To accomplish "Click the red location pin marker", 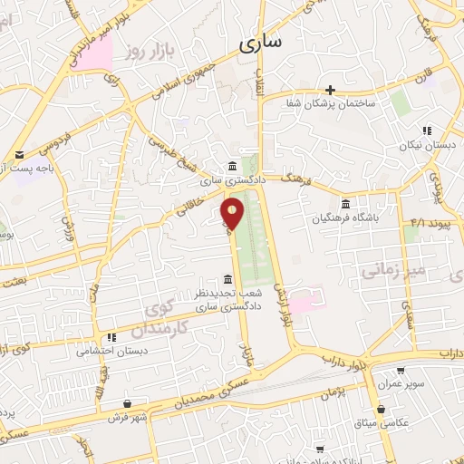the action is tap(233, 213).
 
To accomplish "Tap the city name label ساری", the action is tap(263, 42).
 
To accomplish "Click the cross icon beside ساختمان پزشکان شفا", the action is tap(331, 90).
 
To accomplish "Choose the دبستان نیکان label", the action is tap(425, 146).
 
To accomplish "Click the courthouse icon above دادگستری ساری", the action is tap(233, 166).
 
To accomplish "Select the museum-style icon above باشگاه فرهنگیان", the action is tap(343, 204).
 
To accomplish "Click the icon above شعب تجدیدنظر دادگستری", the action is tap(227, 279).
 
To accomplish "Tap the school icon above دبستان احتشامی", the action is tap(111, 337).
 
